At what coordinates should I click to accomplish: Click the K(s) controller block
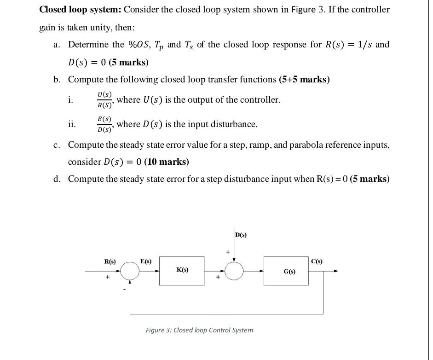[182, 271]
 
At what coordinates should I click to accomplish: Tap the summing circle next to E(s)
[130, 271]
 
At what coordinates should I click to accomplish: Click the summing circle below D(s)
[234, 271]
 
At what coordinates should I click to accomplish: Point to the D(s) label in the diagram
[241, 235]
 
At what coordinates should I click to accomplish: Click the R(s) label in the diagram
[110, 261]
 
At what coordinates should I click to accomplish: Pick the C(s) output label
[317, 261]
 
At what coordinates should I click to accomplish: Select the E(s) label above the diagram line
[146, 261]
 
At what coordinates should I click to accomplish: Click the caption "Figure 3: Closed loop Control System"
[199, 330]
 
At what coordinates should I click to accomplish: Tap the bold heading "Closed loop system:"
[80, 10]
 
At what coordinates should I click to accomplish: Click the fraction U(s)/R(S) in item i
[104, 99]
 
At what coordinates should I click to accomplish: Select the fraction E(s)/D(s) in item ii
[104, 124]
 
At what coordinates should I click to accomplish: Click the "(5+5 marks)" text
[304, 80]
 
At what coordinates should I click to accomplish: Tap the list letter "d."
[57, 179]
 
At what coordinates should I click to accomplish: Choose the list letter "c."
[57, 145]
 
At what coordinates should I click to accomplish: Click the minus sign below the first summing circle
[124, 290]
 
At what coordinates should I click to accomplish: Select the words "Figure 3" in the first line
[298, 10]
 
